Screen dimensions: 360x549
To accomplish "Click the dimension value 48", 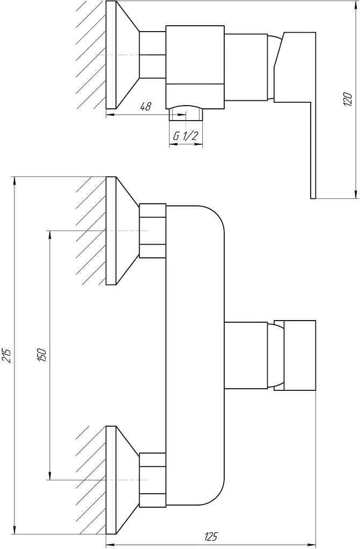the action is (x=145, y=107).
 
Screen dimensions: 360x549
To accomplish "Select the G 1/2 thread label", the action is (x=186, y=136).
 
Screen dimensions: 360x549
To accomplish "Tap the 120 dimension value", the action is (x=347, y=99).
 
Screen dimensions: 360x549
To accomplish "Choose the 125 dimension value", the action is (x=210, y=536).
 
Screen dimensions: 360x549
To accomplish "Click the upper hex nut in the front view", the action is (x=152, y=231).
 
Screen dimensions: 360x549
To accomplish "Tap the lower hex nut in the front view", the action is (x=152, y=480).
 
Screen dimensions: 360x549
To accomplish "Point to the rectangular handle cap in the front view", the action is (x=295, y=355).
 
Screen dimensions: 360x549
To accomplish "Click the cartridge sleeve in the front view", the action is (x=245, y=355).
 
